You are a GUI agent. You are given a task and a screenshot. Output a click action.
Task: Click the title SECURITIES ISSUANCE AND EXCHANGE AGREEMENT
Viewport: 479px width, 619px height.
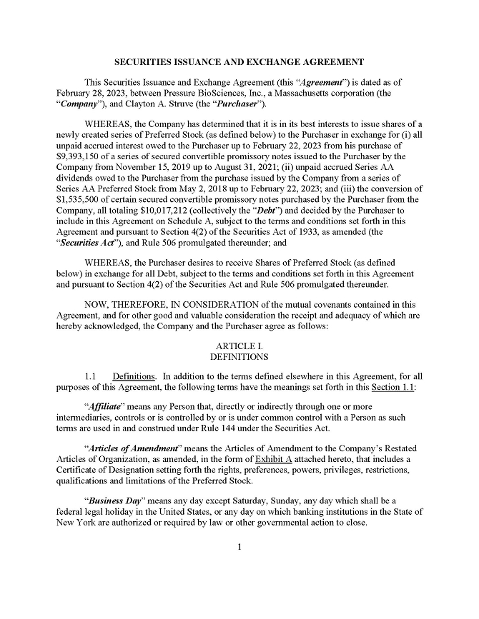coord(239,62)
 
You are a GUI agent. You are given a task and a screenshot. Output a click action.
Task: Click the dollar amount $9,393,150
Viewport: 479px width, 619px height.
coord(80,156)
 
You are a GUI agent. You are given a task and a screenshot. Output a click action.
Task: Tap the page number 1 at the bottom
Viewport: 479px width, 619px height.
coord(239,548)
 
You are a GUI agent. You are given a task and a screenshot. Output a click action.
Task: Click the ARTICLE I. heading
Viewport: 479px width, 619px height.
coord(239,346)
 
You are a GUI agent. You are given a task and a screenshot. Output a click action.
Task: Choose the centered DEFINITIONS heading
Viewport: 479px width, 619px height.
coord(239,356)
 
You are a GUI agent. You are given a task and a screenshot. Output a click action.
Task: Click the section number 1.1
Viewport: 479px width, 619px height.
coord(91,376)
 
